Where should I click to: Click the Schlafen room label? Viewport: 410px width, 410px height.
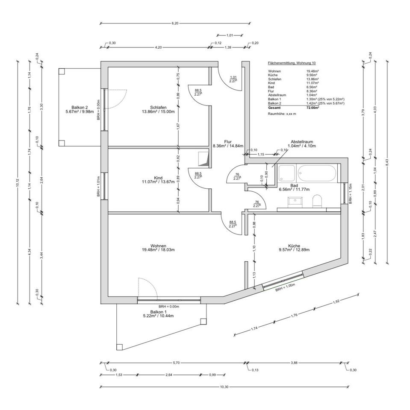click(158, 107)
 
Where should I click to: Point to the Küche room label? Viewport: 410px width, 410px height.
click(294, 246)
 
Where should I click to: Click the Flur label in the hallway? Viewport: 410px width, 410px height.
click(227, 142)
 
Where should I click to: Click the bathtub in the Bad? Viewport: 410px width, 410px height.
click(317, 173)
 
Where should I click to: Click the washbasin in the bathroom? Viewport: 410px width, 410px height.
click(295, 201)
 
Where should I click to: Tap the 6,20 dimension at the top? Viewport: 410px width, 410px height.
click(175, 23)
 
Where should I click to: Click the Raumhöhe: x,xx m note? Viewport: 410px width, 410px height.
click(282, 114)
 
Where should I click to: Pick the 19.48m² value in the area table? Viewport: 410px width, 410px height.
click(312, 71)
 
